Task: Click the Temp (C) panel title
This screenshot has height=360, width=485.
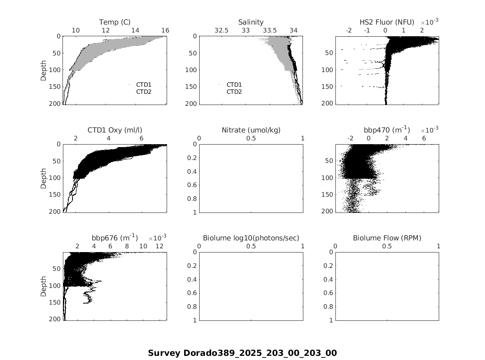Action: [115, 22]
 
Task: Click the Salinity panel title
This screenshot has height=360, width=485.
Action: [251, 22]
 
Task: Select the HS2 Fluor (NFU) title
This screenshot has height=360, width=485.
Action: [387, 22]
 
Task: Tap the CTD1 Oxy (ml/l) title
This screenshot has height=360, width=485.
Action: [115, 130]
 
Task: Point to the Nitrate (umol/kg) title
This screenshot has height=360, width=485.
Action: [251, 130]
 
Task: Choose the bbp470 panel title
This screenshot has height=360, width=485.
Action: [387, 130]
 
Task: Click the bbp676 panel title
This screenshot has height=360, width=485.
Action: [115, 238]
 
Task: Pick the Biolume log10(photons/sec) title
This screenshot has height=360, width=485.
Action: [251, 238]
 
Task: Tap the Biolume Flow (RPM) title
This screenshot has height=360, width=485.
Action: [387, 238]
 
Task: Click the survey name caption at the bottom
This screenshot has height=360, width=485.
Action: [242, 353]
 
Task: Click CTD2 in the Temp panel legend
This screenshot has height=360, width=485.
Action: [144, 92]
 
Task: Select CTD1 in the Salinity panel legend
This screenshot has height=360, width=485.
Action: [234, 85]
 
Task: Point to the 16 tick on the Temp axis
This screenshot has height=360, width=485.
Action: [165, 30]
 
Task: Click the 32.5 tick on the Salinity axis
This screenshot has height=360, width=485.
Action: [221, 30]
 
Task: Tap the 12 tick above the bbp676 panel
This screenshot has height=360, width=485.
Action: [160, 247]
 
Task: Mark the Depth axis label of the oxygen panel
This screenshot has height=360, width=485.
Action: [43, 178]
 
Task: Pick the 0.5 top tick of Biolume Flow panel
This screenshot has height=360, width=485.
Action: [387, 247]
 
